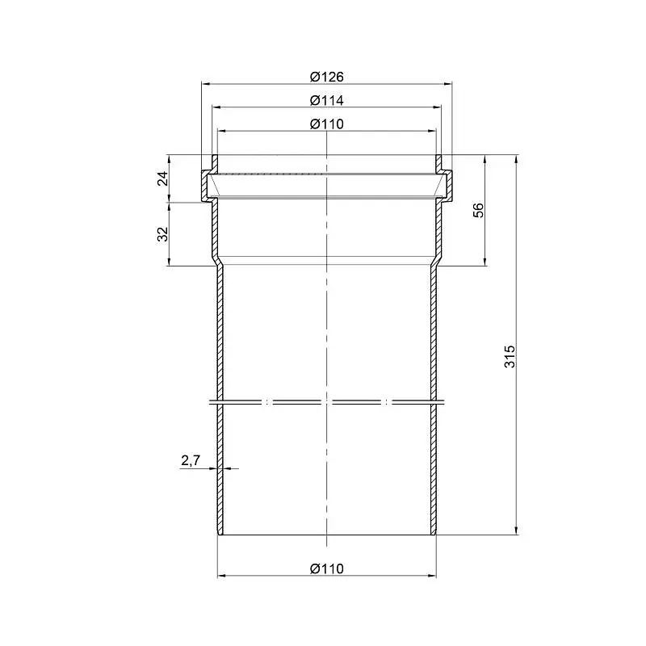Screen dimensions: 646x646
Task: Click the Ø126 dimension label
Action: pyautogui.click(x=327, y=77)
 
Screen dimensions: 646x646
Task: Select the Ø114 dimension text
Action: pyautogui.click(x=327, y=100)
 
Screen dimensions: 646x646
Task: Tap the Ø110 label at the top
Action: pyautogui.click(x=327, y=124)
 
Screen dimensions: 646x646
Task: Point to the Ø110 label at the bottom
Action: pyautogui.click(x=327, y=568)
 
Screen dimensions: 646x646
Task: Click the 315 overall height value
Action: pyautogui.click(x=510, y=356)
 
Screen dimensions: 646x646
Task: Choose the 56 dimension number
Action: pyautogui.click(x=478, y=210)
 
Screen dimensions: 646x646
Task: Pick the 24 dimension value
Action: pyautogui.click(x=164, y=178)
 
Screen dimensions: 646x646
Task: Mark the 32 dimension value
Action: pyautogui.click(x=164, y=234)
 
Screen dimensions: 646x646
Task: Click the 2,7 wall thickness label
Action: pyautogui.click(x=191, y=460)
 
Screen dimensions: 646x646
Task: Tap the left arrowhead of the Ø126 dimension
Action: pyautogui.click(x=206, y=84)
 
